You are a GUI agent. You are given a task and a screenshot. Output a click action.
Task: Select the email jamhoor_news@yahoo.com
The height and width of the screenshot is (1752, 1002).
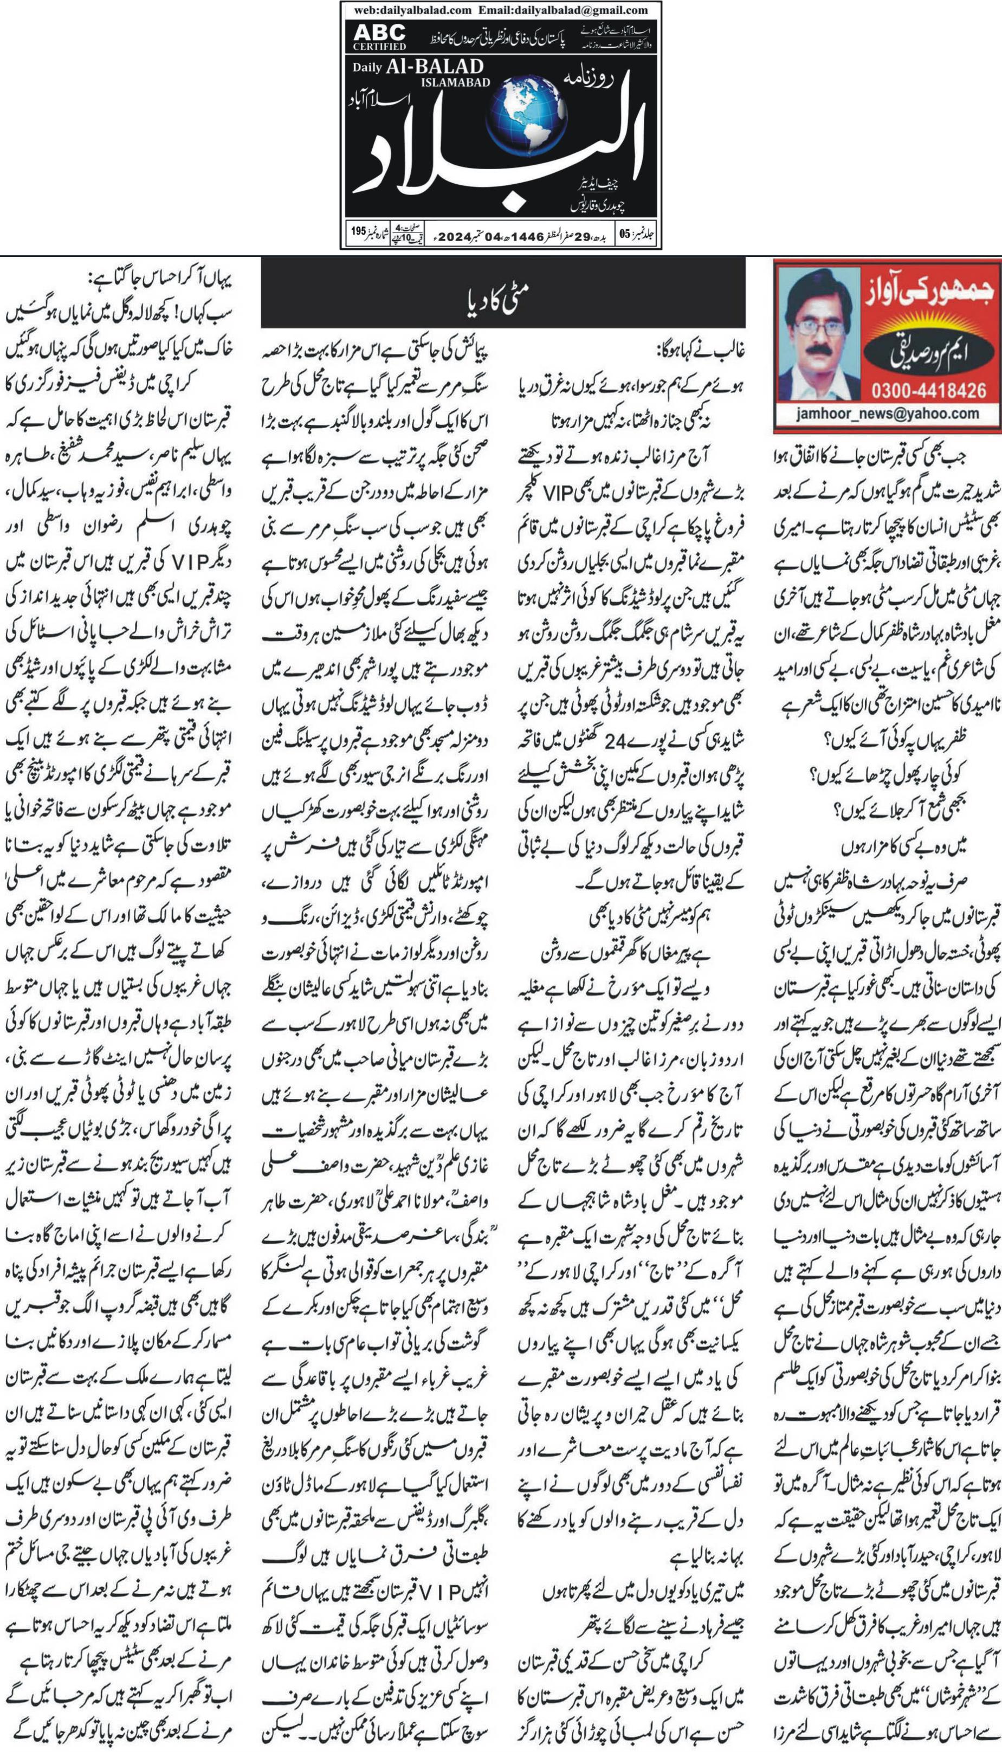click(887, 413)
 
